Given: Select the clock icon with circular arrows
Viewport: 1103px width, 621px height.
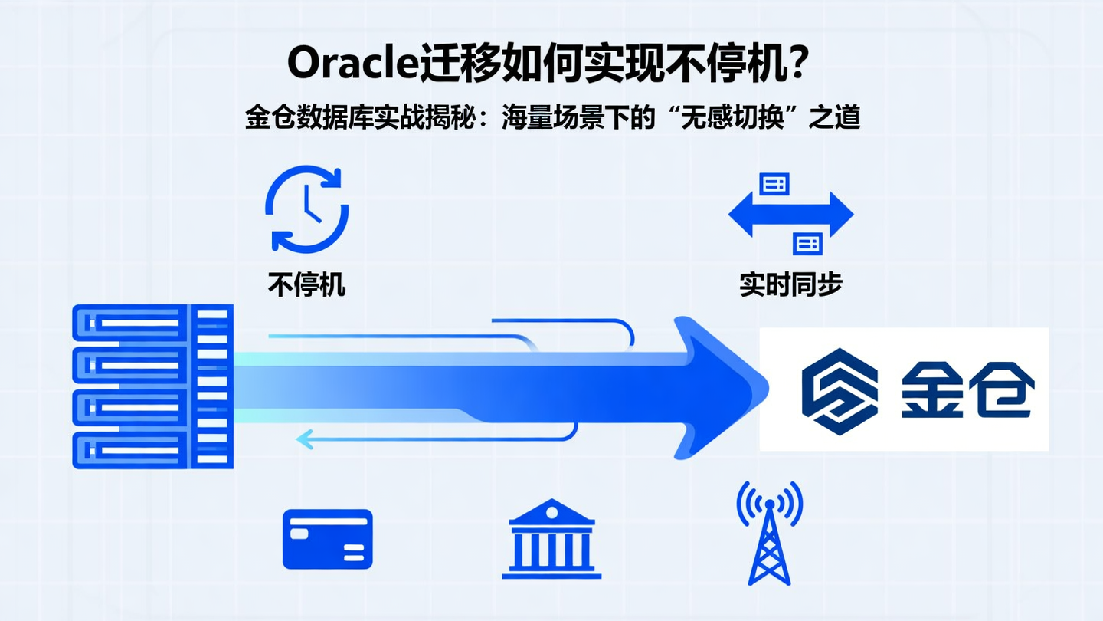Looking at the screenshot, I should coord(306,209).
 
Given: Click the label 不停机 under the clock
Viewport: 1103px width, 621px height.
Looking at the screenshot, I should coord(306,284).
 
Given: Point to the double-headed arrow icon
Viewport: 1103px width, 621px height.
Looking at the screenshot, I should coord(790,213).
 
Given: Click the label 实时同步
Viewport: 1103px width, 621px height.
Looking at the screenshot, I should coord(790,284).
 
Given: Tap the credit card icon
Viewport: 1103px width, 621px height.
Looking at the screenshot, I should coord(327,539).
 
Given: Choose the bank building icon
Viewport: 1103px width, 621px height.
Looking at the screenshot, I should coord(551,538).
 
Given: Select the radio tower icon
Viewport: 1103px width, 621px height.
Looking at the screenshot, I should coord(769,532).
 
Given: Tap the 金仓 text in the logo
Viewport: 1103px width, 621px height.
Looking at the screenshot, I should coord(967,389).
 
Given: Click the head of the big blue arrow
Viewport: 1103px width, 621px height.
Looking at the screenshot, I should coord(720,388).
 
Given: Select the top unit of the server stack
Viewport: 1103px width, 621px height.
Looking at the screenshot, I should coord(152,323).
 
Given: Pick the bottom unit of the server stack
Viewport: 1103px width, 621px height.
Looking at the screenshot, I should coord(152,450).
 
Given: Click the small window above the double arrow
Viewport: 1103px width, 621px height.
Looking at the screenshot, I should coord(774,183).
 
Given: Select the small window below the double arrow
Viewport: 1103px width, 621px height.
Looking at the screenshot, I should coord(807,243).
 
